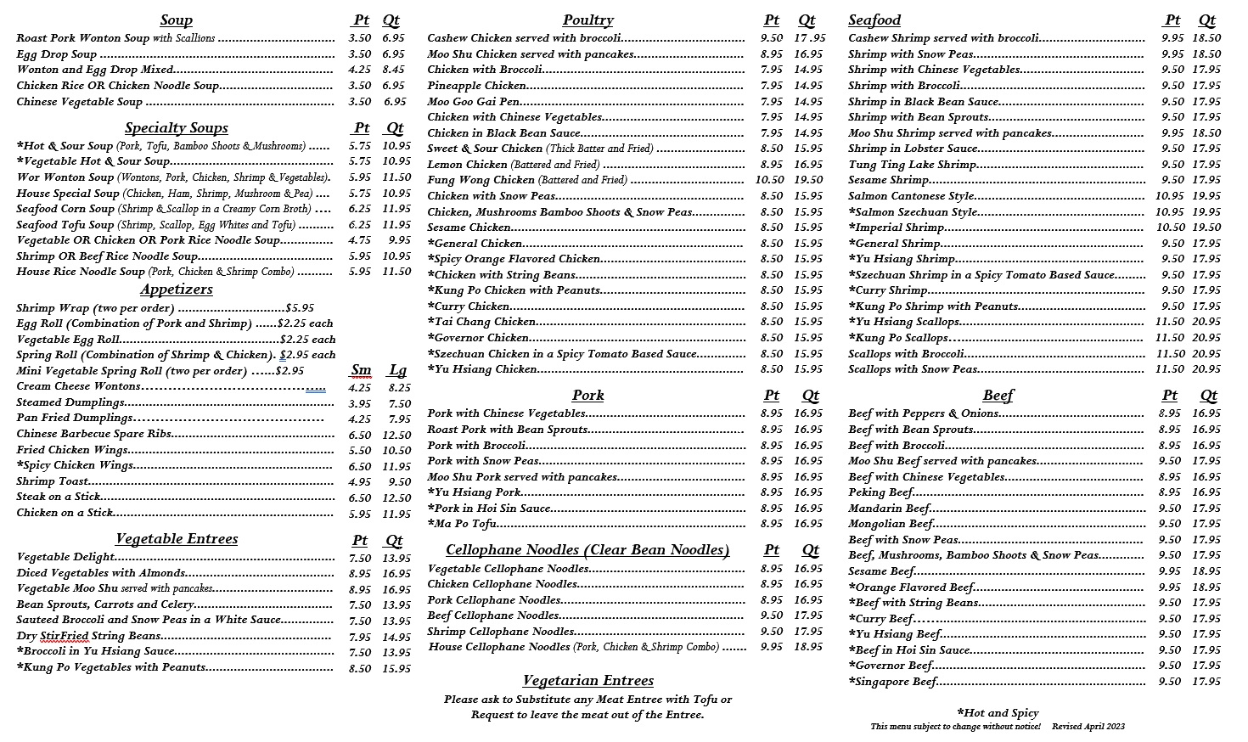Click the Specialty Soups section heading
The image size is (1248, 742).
[176, 128]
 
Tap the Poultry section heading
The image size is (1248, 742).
[587, 20]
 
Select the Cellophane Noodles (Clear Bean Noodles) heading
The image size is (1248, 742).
[587, 550]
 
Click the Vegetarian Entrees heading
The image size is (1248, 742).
[587, 681]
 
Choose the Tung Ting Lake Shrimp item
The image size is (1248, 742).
[912, 165]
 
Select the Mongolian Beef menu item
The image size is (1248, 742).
[891, 524]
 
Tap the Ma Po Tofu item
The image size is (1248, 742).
[462, 524]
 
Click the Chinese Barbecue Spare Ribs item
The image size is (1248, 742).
[94, 434]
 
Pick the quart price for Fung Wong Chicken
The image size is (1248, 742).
[808, 180]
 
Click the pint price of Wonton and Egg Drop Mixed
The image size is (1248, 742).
[359, 70]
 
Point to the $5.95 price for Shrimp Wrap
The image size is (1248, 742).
[300, 308]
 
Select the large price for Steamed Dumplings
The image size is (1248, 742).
[400, 404]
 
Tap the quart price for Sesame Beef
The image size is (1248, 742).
[1206, 571]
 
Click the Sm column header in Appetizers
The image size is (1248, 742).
[361, 370]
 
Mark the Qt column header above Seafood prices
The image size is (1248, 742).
[1206, 20]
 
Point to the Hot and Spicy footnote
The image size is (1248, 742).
[998, 713]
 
